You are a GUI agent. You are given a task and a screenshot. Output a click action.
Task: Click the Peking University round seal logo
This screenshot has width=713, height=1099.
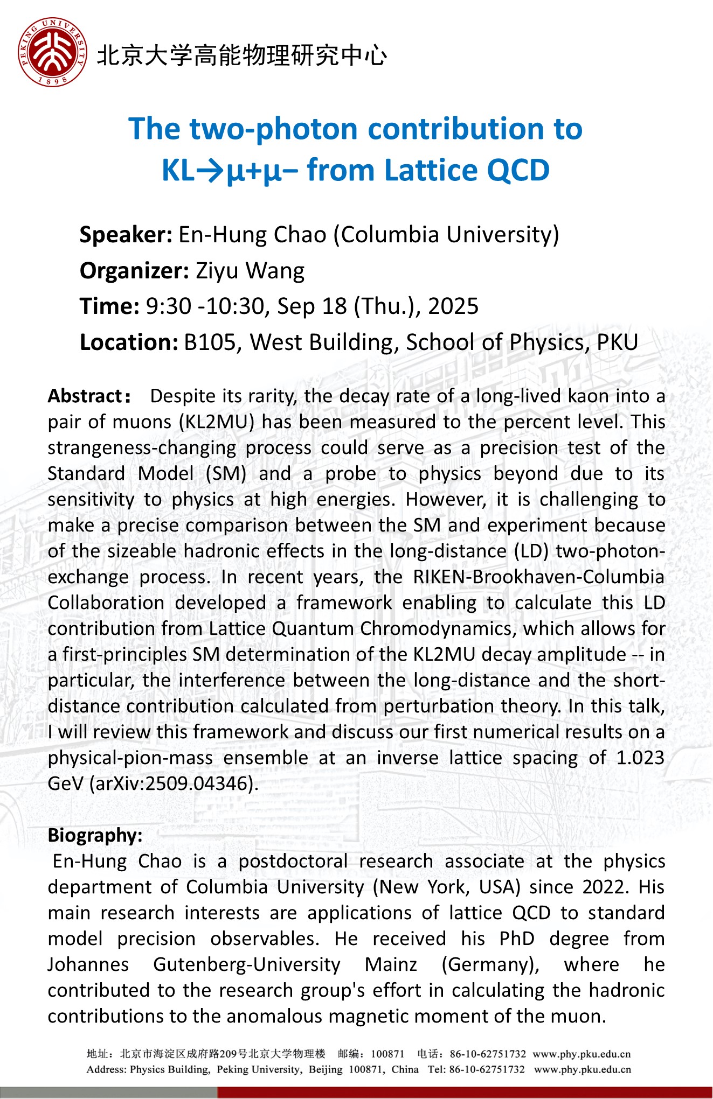52,52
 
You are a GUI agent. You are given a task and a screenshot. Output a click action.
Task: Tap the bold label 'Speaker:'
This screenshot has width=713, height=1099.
126,235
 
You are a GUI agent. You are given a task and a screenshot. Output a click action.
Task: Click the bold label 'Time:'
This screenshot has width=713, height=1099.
109,306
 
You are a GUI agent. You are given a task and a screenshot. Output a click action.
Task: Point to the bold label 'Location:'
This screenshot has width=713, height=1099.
129,342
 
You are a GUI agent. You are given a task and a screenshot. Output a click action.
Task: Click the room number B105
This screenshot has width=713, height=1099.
210,342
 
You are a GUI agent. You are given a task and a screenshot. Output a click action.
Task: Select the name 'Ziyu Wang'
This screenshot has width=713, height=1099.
250,271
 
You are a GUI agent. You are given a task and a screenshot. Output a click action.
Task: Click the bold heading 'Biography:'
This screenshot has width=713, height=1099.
95,835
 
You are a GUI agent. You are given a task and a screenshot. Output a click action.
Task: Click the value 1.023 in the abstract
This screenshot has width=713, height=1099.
640,758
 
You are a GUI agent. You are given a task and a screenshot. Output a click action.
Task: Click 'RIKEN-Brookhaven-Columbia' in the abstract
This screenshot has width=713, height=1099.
538,577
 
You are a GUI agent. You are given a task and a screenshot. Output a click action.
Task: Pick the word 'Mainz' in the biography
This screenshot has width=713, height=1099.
391,964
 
